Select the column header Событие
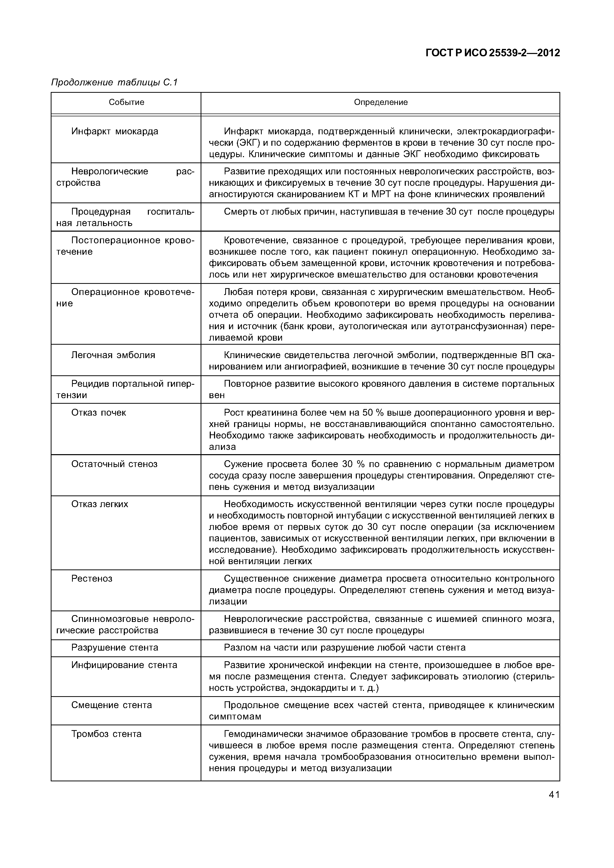(x=126, y=102)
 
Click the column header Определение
(x=381, y=102)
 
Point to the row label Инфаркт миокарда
(x=115, y=132)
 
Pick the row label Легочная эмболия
(x=113, y=355)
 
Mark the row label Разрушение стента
(x=115, y=648)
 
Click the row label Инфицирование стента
(x=124, y=665)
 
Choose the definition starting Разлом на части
(x=345, y=648)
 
